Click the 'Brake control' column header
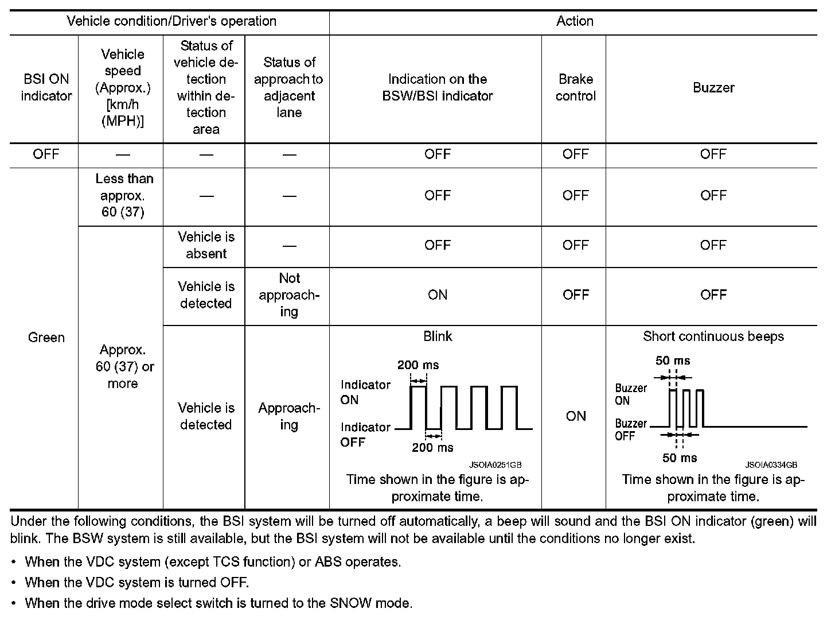click(x=575, y=87)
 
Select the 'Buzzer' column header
click(x=713, y=87)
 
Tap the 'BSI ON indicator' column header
click(x=46, y=87)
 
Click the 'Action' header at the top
click(x=575, y=21)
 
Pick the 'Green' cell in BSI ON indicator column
click(x=46, y=337)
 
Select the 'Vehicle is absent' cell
click(x=206, y=245)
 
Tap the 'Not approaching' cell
click(x=289, y=294)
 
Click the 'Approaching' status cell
click(x=289, y=416)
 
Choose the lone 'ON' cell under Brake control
click(x=575, y=416)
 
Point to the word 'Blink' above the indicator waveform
click(x=438, y=336)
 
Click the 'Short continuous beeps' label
click(x=713, y=336)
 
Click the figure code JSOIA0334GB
click(x=771, y=464)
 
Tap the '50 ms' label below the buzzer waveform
click(x=680, y=458)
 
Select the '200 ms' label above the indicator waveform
click(x=418, y=365)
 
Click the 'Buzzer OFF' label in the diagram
click(x=630, y=429)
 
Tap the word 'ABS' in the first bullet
click(x=327, y=561)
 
